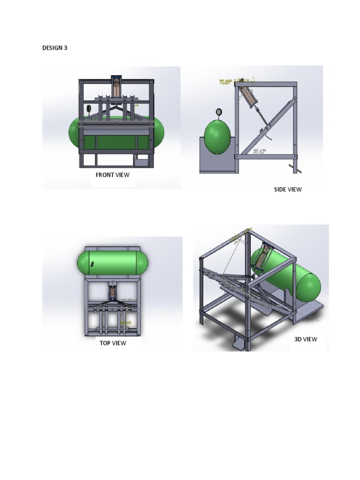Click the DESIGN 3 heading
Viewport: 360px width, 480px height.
pyautogui.click(x=55, y=48)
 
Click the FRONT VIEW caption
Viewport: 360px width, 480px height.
pyautogui.click(x=112, y=175)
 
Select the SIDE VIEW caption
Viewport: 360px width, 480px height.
pyautogui.click(x=288, y=189)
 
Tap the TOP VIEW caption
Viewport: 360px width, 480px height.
pyautogui.click(x=112, y=343)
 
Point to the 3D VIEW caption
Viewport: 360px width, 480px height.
pyautogui.click(x=305, y=339)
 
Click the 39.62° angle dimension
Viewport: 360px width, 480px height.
pyautogui.click(x=259, y=151)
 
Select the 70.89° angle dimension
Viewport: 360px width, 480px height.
pyautogui.click(x=225, y=82)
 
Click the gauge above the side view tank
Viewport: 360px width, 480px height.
pyautogui.click(x=218, y=112)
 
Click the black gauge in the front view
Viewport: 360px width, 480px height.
pyautogui.click(x=89, y=109)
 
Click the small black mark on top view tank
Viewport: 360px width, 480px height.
pyautogui.click(x=92, y=264)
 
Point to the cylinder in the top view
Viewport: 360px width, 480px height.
pyautogui.click(x=112, y=292)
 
